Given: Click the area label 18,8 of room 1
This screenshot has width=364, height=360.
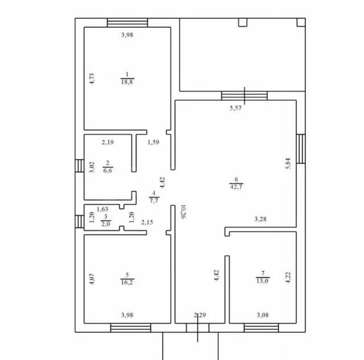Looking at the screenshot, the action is pos(127,82).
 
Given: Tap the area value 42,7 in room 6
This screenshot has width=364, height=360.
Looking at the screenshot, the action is pos(237,187).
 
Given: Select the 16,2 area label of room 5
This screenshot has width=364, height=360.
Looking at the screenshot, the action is pos(127,282).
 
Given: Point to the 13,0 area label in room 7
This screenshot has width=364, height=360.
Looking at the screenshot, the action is pos(263,280).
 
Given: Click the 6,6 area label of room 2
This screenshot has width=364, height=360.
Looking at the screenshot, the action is pos(107,171).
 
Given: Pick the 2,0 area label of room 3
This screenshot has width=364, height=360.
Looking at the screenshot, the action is pos(106,224).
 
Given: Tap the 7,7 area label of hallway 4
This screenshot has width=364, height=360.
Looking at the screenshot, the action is pos(154,200).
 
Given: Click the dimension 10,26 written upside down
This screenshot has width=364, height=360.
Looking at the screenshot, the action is pos(184,212).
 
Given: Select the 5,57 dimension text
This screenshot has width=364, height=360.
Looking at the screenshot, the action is pos(235,108).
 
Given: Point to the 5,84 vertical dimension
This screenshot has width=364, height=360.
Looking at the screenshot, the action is pos(288,163).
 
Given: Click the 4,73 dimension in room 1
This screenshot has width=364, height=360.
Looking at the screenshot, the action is pos(92,79).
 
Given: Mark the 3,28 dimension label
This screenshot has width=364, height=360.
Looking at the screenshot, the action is pos(260,219).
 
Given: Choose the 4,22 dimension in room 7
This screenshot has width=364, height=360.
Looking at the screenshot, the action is pos(288,278).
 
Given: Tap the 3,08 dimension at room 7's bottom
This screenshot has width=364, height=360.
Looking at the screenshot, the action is pos(263,315).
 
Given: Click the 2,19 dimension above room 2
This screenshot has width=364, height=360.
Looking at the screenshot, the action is pos(107,142).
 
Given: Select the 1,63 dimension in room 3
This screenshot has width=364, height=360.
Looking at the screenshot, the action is pos(102,209).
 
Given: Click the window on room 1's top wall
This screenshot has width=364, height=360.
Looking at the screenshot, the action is pos(127,23).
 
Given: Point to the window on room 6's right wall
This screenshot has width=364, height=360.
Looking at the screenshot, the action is pos(301,149).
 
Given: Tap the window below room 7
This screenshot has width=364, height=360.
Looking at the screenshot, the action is pos(261,328).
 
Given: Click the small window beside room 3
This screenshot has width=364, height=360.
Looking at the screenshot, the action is pos(80,222).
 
